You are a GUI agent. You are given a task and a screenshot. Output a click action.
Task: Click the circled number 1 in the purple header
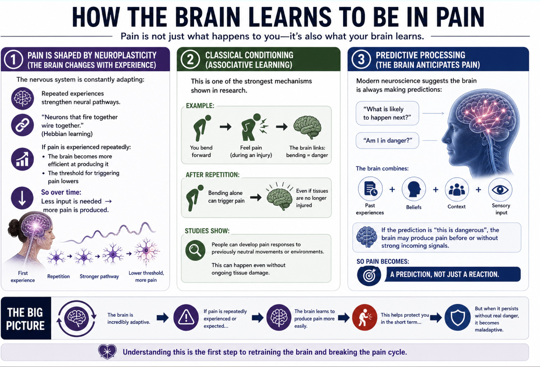13,59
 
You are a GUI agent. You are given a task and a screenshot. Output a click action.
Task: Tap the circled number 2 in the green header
190,59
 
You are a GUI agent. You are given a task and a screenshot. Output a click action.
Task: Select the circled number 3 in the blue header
361,59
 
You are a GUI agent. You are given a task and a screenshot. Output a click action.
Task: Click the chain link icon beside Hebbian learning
22,125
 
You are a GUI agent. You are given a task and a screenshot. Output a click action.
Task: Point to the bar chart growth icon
22,159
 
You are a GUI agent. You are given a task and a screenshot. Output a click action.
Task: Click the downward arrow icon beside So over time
22,198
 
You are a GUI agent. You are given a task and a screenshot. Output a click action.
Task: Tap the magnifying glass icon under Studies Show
195,250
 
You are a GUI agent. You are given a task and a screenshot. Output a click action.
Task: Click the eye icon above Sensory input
500,190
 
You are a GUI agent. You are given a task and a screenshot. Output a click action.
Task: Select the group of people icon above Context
457,190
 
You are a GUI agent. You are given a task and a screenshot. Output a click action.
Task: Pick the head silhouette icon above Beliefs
414,189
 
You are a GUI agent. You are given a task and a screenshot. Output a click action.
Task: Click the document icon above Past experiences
370,189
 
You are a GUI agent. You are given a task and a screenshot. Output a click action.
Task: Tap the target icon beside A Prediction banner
369,276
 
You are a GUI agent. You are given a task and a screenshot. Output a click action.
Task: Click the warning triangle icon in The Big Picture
186,317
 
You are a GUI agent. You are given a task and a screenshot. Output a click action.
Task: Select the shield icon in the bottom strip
457,317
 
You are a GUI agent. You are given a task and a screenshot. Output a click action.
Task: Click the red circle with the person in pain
364,317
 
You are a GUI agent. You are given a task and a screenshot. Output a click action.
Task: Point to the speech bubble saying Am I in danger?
387,140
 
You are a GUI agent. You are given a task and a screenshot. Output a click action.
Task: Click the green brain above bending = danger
307,128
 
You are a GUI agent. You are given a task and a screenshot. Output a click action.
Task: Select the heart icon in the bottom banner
107,352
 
